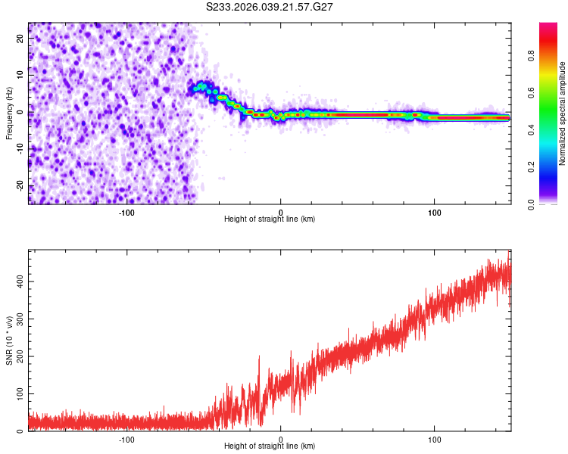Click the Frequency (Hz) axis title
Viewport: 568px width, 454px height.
coord(9,113)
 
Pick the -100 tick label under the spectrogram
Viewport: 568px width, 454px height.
coord(126,211)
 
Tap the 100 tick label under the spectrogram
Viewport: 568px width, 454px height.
coord(435,211)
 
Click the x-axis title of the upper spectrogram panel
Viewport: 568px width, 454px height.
coord(270,219)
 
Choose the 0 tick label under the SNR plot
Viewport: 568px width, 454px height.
coord(281,438)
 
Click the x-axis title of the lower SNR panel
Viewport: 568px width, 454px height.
coord(270,446)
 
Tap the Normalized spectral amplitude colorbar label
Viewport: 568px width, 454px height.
coord(562,113)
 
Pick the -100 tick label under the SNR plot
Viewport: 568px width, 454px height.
coord(126,438)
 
